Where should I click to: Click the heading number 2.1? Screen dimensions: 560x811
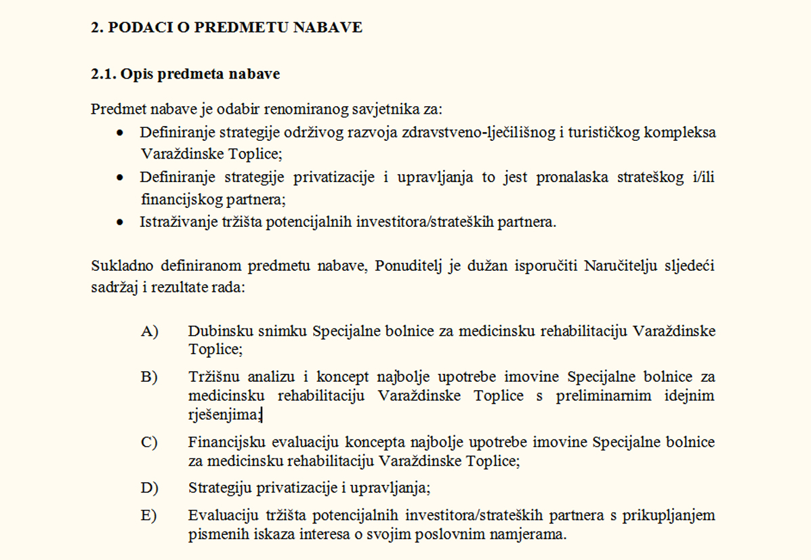(x=103, y=74)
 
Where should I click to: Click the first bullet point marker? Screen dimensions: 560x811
(x=120, y=132)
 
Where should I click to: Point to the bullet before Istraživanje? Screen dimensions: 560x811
(x=120, y=222)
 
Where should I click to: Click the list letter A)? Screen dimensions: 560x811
(x=149, y=331)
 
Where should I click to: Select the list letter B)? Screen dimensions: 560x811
(x=149, y=377)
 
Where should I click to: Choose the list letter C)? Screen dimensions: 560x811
(x=149, y=443)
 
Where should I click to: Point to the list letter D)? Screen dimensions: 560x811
(x=149, y=488)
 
